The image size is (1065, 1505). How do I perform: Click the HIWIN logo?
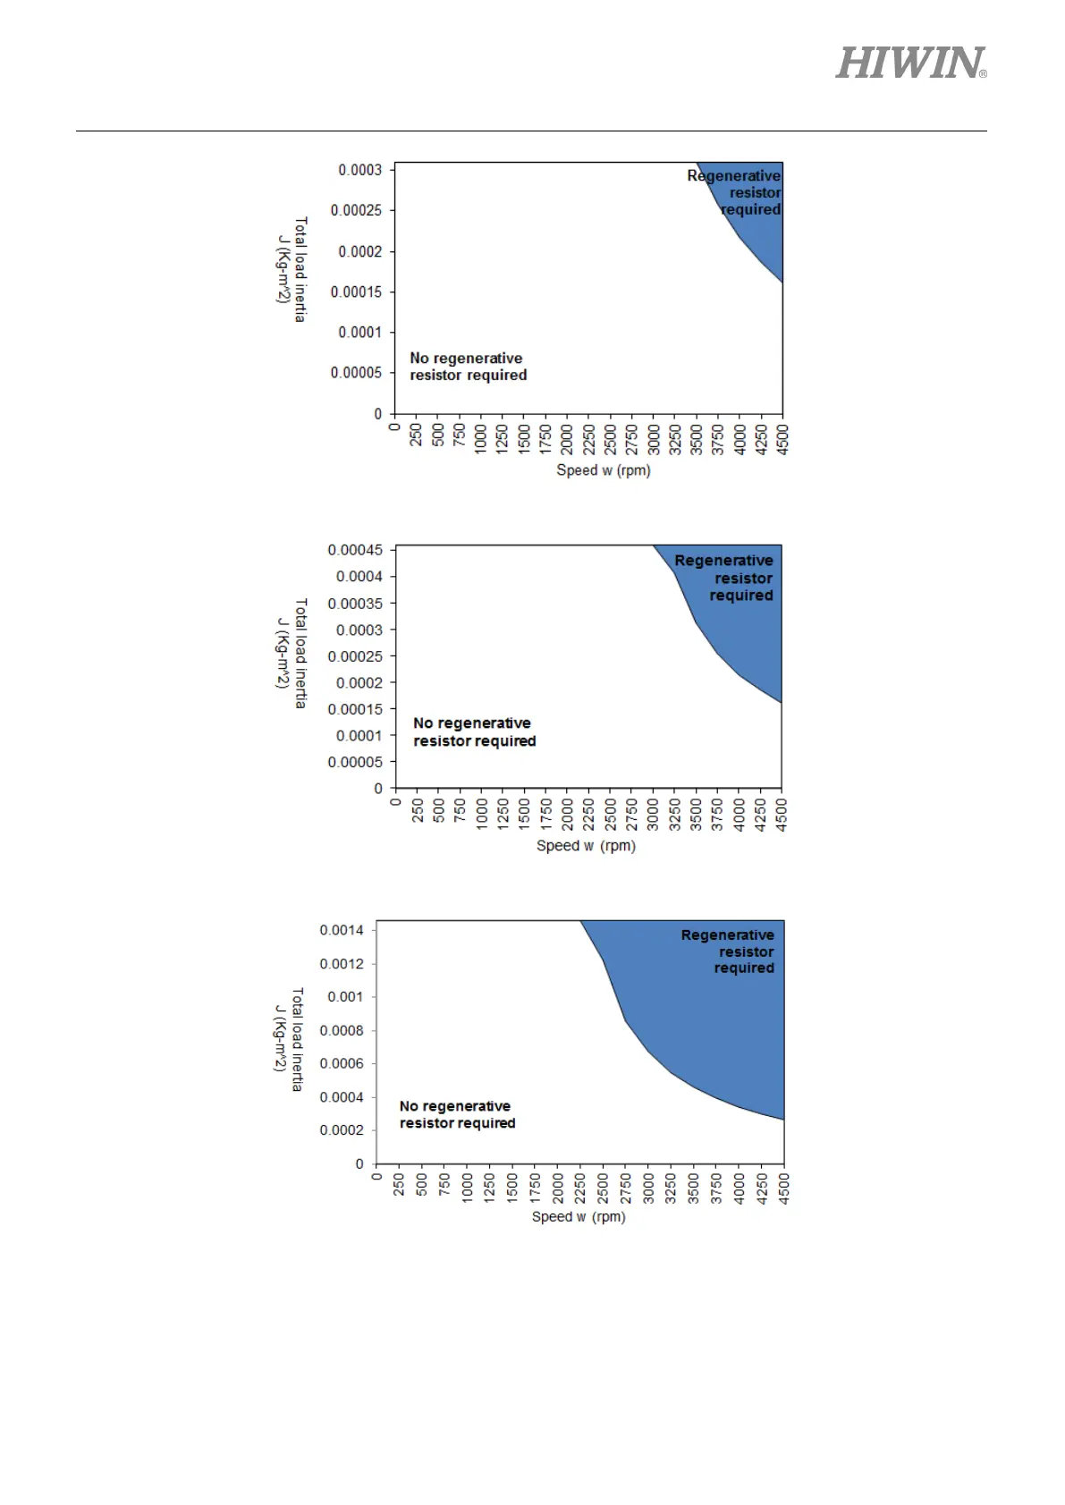(910, 63)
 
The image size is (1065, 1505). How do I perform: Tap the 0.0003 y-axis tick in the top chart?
(359, 170)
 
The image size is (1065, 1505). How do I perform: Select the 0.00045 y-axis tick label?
(355, 550)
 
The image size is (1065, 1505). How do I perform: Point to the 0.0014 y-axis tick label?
(342, 930)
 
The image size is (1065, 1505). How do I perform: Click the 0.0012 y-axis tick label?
(342, 964)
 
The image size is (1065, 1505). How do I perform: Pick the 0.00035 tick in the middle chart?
(355, 604)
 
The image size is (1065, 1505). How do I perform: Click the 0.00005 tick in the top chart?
(356, 373)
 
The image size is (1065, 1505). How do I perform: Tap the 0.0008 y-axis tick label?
(342, 1031)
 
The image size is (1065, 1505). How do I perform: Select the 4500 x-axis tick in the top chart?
(783, 439)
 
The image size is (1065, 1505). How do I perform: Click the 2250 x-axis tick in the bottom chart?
(580, 1188)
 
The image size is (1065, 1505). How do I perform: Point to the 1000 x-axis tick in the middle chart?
(482, 815)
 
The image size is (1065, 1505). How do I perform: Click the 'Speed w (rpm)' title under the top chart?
(604, 470)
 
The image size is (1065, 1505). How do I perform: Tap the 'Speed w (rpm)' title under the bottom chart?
(579, 1217)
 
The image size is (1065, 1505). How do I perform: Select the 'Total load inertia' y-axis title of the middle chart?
(300, 654)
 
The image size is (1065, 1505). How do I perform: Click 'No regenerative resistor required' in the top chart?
(468, 367)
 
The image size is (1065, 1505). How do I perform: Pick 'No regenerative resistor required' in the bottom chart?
(457, 1115)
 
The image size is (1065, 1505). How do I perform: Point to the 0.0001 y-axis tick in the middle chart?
(359, 736)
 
